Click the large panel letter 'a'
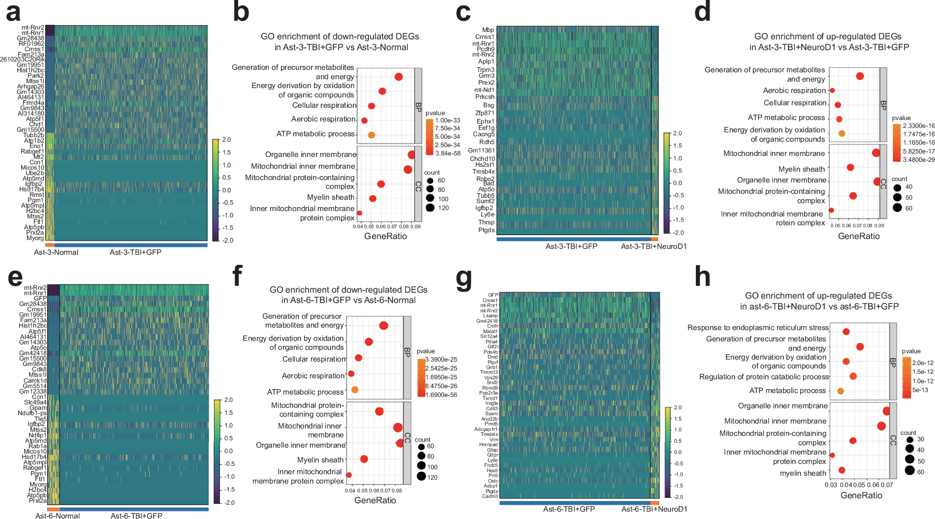point(13,12)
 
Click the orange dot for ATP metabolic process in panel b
point(372,135)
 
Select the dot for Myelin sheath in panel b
point(373,199)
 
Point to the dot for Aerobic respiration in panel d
point(832,91)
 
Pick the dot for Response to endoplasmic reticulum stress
point(846,332)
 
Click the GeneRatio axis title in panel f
point(375,500)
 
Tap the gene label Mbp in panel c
point(488,30)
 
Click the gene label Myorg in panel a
point(35,238)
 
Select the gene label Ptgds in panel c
point(486,230)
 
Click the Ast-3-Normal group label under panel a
point(56,252)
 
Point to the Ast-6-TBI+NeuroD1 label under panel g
point(654,509)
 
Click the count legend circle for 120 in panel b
point(430,208)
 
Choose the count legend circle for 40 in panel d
point(897,187)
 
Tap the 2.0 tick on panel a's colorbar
point(226,140)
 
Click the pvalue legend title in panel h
point(911,351)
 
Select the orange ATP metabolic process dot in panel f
point(355,390)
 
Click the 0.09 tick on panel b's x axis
point(416,227)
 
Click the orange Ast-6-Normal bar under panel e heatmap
point(53,509)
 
